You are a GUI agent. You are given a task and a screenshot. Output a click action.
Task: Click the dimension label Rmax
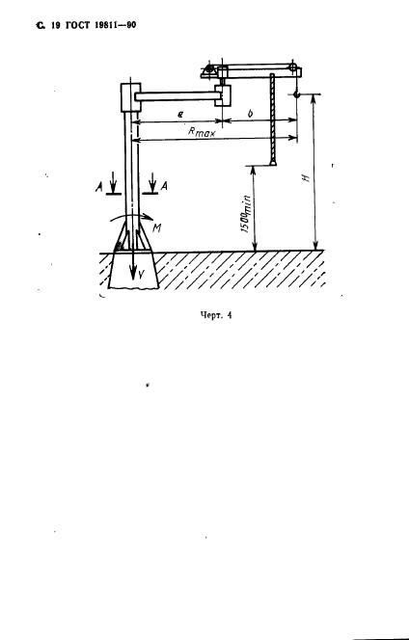[x=202, y=132]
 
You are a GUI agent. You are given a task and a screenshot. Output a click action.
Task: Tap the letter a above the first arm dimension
[x=180, y=115]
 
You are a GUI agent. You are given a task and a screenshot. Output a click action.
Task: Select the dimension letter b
[x=250, y=113]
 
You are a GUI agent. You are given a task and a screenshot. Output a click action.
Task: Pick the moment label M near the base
[x=156, y=228]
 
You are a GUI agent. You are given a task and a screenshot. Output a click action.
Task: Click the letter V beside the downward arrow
[x=140, y=275]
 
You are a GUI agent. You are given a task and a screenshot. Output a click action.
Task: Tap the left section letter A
[x=98, y=187]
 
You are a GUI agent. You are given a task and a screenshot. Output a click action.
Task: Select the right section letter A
[x=164, y=187]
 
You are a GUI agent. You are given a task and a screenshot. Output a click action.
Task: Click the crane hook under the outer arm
[x=296, y=94]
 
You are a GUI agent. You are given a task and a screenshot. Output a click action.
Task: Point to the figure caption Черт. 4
[x=216, y=315]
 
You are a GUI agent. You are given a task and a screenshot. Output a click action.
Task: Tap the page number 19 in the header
[x=56, y=25]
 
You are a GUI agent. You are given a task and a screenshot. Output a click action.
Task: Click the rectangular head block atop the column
[x=131, y=97]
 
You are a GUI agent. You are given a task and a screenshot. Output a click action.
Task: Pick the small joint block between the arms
[x=223, y=95]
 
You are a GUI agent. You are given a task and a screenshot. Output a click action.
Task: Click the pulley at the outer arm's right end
[x=292, y=67]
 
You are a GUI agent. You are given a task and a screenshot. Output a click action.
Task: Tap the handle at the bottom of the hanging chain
[x=273, y=163]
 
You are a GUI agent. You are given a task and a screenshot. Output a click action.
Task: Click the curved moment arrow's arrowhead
[x=147, y=217]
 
